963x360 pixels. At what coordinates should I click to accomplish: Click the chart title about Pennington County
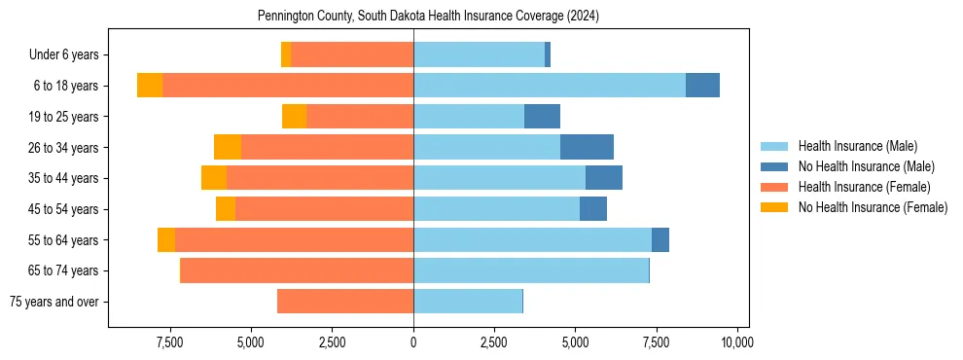[428, 17]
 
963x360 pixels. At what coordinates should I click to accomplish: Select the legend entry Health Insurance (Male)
[857, 146]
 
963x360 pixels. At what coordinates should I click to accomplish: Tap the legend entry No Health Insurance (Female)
[873, 207]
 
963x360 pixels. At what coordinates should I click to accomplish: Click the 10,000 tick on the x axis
[737, 342]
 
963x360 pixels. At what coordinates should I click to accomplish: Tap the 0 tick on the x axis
[413, 342]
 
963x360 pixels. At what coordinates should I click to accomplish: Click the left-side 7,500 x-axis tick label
[170, 342]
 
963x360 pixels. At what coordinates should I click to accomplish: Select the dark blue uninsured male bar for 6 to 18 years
[702, 86]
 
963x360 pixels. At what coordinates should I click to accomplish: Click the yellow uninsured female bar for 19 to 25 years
[294, 117]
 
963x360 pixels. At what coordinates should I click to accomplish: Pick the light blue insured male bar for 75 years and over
[468, 302]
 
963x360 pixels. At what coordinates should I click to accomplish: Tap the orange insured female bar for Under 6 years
[352, 55]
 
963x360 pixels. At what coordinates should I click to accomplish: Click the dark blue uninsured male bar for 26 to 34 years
[587, 148]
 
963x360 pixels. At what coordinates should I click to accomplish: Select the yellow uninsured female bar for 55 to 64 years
[166, 240]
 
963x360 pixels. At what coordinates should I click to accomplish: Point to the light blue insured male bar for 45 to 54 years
[496, 209]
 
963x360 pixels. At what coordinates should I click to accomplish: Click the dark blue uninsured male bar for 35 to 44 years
[604, 178]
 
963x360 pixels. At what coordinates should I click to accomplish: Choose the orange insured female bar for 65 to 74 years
[297, 270]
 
